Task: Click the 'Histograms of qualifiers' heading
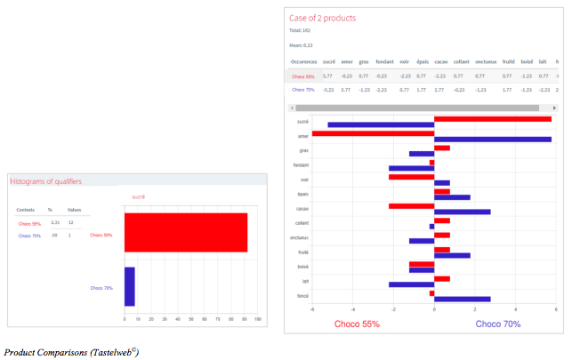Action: pyautogui.click(x=45, y=181)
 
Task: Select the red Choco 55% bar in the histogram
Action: pyautogui.click(x=185, y=232)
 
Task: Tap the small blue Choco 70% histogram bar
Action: pyautogui.click(x=129, y=286)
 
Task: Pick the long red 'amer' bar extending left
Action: pyautogui.click(x=373, y=133)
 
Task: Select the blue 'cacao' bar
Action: pyautogui.click(x=462, y=212)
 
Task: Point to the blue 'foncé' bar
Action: pyautogui.click(x=462, y=298)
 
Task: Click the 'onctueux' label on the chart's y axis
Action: pyautogui.click(x=299, y=237)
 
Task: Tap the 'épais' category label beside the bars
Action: pyautogui.click(x=303, y=194)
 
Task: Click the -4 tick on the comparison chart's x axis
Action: pyautogui.click(x=352, y=309)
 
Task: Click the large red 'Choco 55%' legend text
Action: pyautogui.click(x=357, y=324)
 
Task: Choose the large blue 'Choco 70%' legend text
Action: pyautogui.click(x=498, y=324)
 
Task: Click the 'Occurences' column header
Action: pyautogui.click(x=303, y=61)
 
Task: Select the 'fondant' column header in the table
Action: pyautogui.click(x=384, y=61)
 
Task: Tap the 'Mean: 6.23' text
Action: pyautogui.click(x=302, y=44)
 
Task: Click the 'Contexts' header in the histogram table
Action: pyautogui.click(x=26, y=210)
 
